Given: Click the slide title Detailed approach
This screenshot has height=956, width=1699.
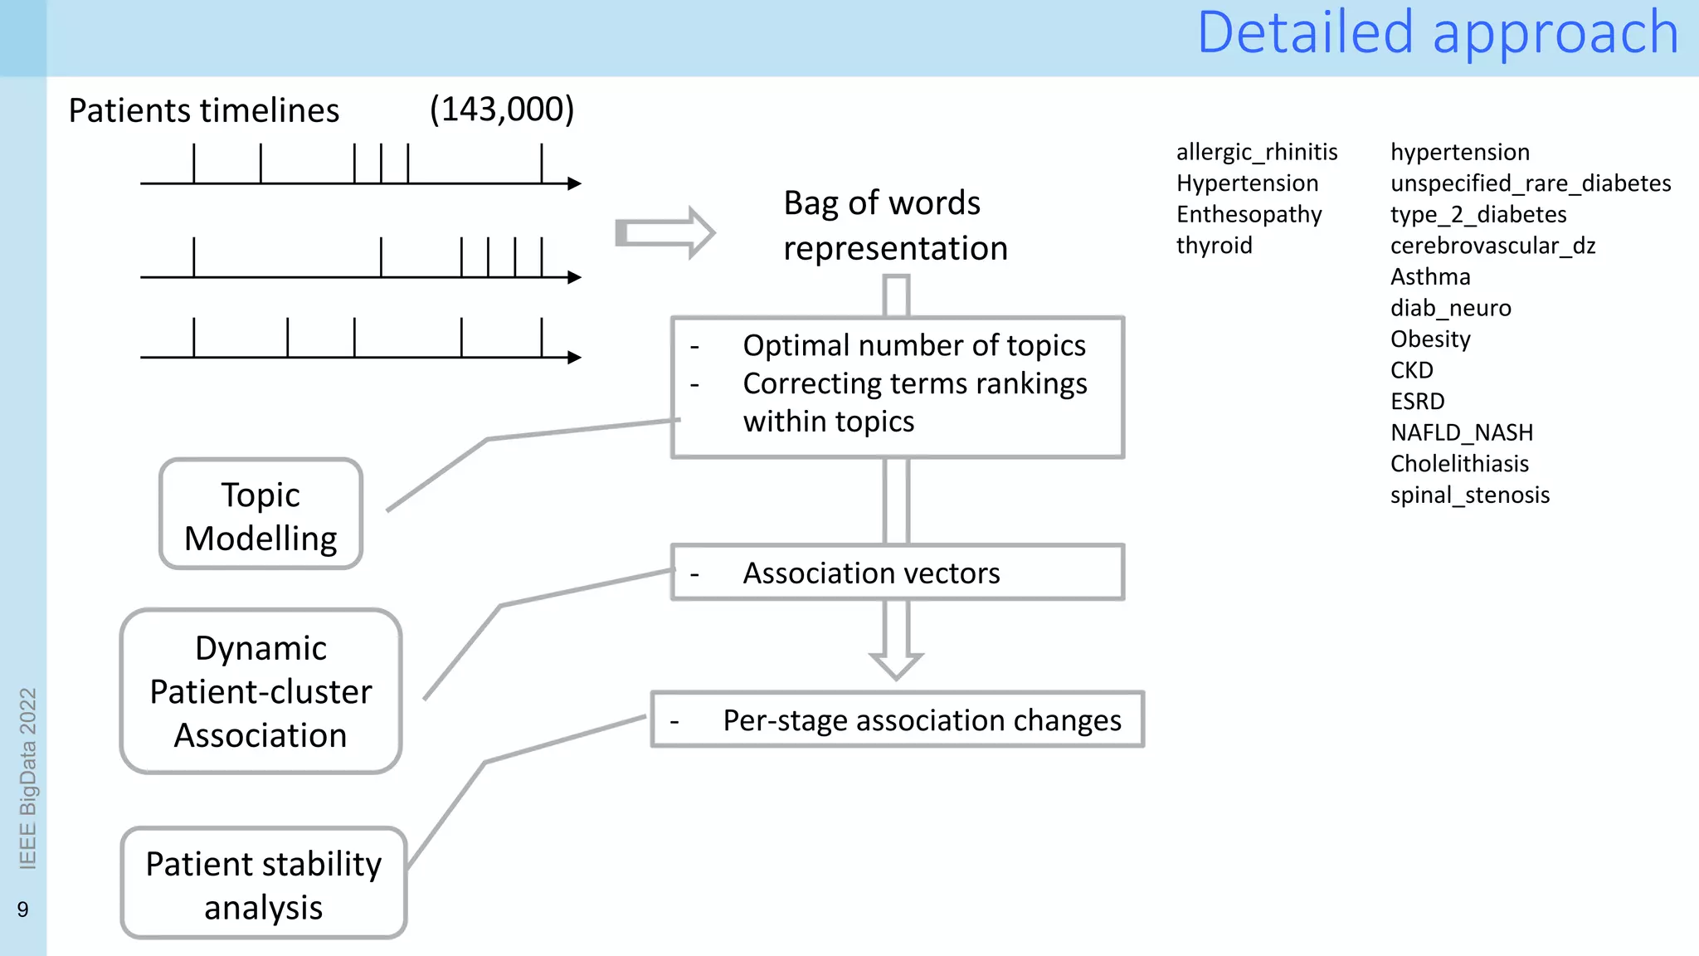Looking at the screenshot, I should pos(1437,33).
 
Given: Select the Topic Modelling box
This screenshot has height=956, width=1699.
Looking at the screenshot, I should pos(260,515).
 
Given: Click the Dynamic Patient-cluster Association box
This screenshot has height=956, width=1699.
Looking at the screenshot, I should pos(260,691).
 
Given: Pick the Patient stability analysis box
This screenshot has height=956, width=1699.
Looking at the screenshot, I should pos(264,884).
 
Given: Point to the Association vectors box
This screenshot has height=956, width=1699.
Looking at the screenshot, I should pos(897,573).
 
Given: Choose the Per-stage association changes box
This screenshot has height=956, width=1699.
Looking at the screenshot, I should pos(897,719).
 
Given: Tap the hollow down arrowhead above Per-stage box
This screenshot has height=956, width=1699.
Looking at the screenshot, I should pos(896,664).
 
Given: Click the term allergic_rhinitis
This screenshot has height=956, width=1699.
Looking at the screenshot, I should pos(1256,152).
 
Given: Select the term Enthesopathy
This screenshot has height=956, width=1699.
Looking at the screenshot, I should pos(1249,214).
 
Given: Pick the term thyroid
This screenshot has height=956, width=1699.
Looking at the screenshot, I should pos(1214,246).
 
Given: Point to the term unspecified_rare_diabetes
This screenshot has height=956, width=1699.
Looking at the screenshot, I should pos(1530,183).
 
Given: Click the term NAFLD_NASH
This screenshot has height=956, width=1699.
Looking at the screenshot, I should pos(1461,432).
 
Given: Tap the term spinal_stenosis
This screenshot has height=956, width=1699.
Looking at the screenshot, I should pos(1469,495).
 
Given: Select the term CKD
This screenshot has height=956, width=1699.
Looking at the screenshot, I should pos(1411,370).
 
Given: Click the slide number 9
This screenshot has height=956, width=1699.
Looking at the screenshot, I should pos(22,910).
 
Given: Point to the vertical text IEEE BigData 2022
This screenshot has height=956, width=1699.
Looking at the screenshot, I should pos(27,778).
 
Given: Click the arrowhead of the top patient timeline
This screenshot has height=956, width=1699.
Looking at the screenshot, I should pos(574,183).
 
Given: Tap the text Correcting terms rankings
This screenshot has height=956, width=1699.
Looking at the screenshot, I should pos(914,383).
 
